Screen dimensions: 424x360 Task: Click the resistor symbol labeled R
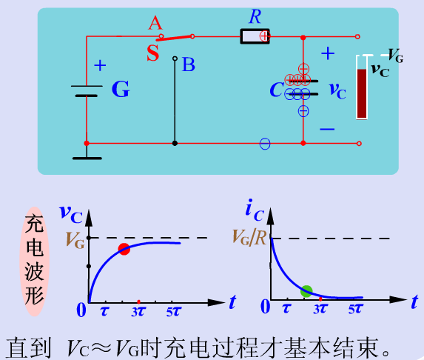(x=255, y=36)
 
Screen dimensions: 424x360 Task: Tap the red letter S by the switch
(x=153, y=53)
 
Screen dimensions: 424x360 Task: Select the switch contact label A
(x=155, y=23)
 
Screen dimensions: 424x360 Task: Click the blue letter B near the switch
(x=189, y=64)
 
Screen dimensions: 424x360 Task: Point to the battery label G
(x=121, y=89)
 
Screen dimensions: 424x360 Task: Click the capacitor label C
(x=276, y=90)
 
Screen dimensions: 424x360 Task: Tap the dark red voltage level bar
(x=362, y=93)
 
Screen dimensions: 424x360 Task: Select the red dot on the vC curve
(x=124, y=249)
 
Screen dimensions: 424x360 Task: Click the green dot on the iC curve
(x=306, y=291)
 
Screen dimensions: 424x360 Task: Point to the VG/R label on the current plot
(x=249, y=238)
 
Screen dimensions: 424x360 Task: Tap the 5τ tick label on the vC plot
(x=173, y=312)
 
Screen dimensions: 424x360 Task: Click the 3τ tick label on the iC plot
(x=320, y=309)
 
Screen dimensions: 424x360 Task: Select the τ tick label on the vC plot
(x=104, y=311)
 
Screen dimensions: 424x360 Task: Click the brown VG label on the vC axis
(x=75, y=240)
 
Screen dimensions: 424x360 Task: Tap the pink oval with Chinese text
(x=34, y=261)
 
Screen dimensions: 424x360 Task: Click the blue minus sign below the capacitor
(x=327, y=129)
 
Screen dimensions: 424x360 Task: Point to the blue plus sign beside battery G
(x=100, y=65)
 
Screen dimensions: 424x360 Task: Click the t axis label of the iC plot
(x=414, y=302)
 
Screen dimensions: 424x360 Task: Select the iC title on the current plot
(x=255, y=210)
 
